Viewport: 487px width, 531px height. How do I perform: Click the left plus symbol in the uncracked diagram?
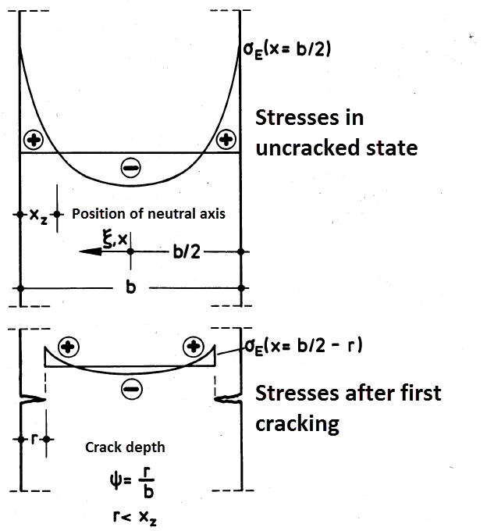(x=34, y=141)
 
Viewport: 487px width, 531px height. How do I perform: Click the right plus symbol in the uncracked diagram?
(x=226, y=141)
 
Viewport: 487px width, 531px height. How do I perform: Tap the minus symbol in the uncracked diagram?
(x=130, y=166)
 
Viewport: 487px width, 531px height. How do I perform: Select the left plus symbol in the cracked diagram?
(x=69, y=347)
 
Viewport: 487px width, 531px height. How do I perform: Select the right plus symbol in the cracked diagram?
(x=193, y=347)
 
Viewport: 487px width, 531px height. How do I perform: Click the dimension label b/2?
(x=183, y=251)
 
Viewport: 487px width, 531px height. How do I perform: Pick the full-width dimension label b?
(x=131, y=288)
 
